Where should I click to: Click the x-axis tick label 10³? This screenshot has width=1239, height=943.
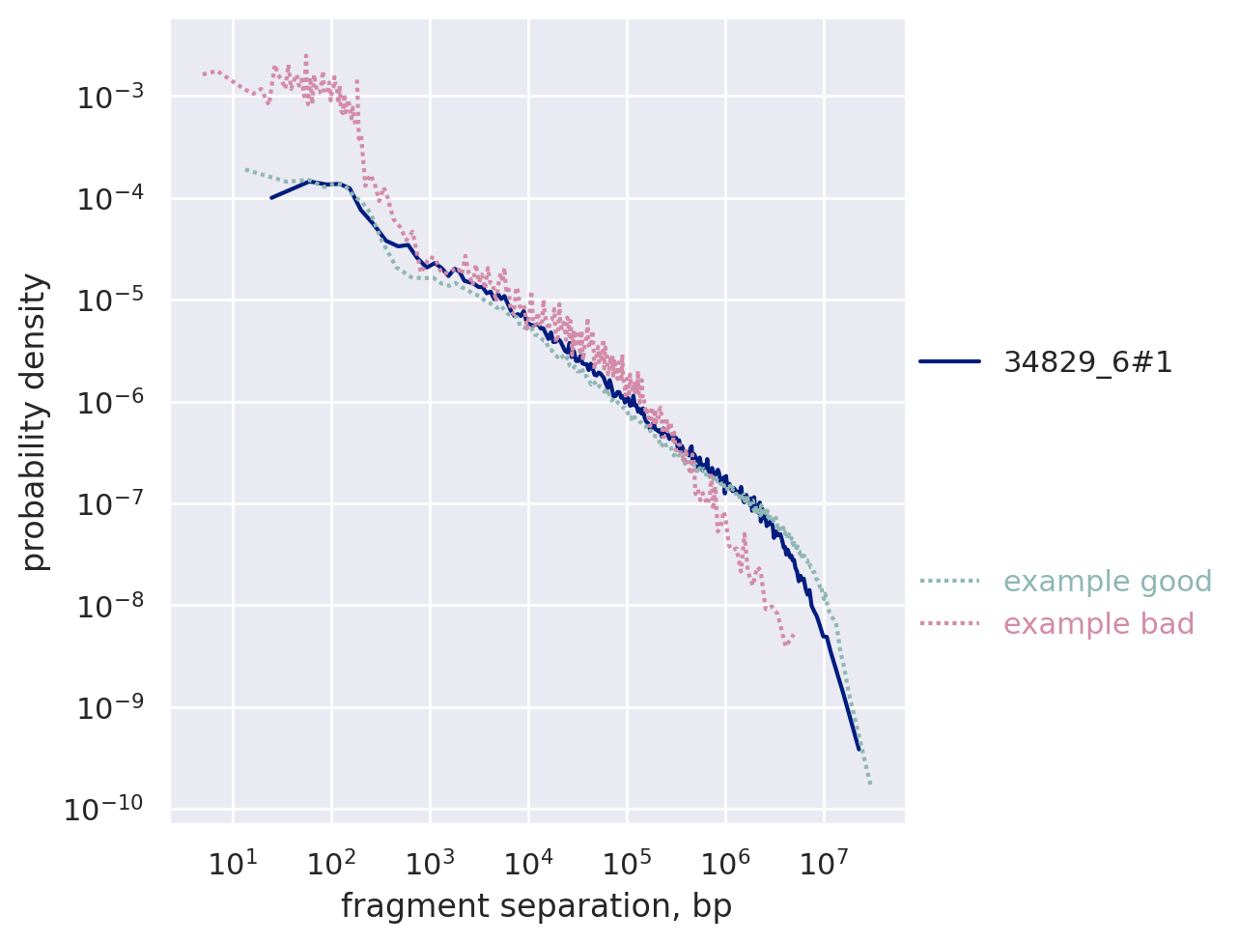[x=429, y=862]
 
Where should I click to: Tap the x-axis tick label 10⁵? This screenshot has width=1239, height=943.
[x=626, y=862]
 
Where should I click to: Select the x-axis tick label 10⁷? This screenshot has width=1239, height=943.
[x=823, y=862]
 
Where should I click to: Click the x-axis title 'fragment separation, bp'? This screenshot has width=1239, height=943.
[x=536, y=906]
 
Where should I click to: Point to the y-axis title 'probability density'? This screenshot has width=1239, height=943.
[x=35, y=422]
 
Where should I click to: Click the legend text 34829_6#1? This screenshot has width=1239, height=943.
[x=1088, y=361]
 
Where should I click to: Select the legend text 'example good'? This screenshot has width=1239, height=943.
[x=1108, y=582]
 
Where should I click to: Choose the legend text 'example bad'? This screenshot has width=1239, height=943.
[x=1099, y=624]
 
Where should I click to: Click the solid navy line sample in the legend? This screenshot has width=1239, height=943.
[x=949, y=361]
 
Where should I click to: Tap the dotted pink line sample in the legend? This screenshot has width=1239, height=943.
[x=949, y=624]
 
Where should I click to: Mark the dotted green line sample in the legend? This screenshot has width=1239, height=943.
[x=949, y=582]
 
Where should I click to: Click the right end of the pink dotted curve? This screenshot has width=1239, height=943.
[x=793, y=636]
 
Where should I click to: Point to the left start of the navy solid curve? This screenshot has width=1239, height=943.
[x=271, y=198]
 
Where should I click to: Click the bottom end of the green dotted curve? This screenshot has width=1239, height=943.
[x=870, y=783]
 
